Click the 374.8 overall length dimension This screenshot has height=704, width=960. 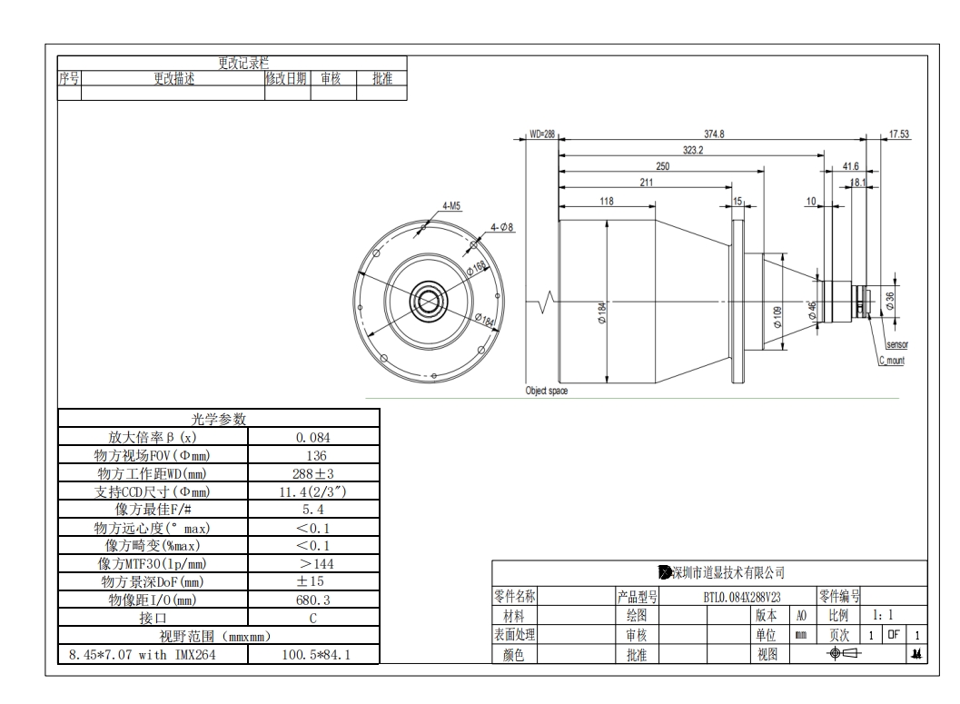pyautogui.click(x=715, y=134)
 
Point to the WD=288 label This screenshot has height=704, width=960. pyautogui.click(x=541, y=134)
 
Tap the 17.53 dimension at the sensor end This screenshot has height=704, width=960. pyautogui.click(x=899, y=134)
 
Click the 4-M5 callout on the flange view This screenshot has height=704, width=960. pyautogui.click(x=451, y=206)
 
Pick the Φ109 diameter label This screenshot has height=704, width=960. pyautogui.click(x=777, y=316)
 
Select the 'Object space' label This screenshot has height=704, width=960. pyautogui.click(x=547, y=391)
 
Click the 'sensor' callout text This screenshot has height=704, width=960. pyautogui.click(x=896, y=345)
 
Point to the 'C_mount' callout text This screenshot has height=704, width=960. pyautogui.click(x=891, y=361)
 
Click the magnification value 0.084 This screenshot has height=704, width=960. pyautogui.click(x=313, y=437)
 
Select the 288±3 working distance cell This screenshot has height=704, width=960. pyautogui.click(x=313, y=473)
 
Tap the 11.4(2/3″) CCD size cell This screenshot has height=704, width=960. pyautogui.click(x=313, y=491)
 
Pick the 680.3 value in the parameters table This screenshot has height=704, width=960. pyautogui.click(x=313, y=600)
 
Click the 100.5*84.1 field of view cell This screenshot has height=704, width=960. pyautogui.click(x=313, y=654)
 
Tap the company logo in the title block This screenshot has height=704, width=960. pyautogui.click(x=665, y=572)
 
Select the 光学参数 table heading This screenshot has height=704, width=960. pyautogui.click(x=218, y=419)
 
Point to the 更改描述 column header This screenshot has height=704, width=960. pyautogui.click(x=172, y=79)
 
